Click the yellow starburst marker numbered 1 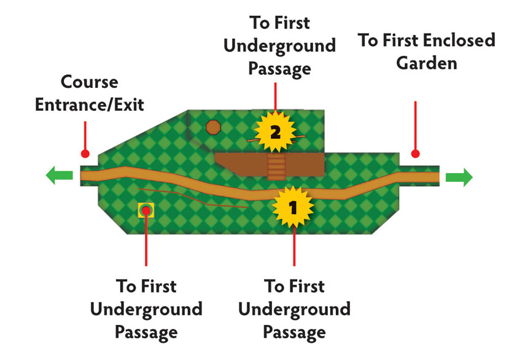click(292, 207)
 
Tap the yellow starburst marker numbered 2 click(275, 132)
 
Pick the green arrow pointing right click(459, 177)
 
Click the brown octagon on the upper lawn click(213, 127)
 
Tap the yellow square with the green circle click(146, 210)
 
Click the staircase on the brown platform click(276, 166)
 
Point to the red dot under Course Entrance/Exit click(85, 154)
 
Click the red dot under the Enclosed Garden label click(415, 154)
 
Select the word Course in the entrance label click(89, 82)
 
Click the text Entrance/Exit click(90, 104)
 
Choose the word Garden click(426, 63)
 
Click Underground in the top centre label click(279, 45)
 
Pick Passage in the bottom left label click(146, 332)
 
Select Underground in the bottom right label click(294, 309)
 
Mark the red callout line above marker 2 click(275, 97)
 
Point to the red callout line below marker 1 click(294, 246)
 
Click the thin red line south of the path click(193, 198)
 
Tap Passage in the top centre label click(279, 69)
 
